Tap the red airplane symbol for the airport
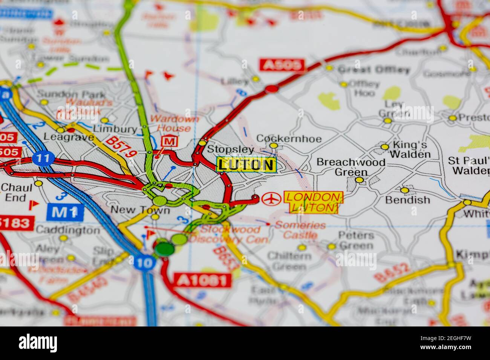(x=271, y=198)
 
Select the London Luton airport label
(x=313, y=202)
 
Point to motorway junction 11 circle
(x=44, y=159)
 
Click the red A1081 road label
(x=202, y=280)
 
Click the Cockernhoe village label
(x=289, y=139)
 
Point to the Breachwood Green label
(x=351, y=167)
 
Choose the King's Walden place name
(x=410, y=149)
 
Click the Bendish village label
(x=407, y=200)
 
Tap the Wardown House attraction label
(x=170, y=124)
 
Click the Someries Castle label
(x=300, y=230)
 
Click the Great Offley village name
(x=373, y=70)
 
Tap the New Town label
(x=140, y=210)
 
